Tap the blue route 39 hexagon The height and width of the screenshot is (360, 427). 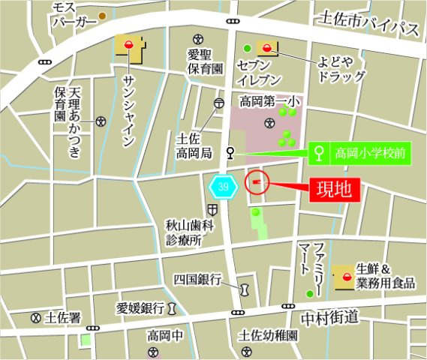coord(224,185)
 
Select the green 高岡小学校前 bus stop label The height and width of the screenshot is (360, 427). coord(361,154)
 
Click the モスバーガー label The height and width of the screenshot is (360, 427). coord(74,14)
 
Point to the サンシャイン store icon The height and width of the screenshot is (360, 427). coord(131,49)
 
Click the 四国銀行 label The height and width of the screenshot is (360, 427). coord(197,280)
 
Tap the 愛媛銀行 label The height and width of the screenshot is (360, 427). coord(141,307)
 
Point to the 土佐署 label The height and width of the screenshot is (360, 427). coord(62,318)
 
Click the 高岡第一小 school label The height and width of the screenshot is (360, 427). coord(268,100)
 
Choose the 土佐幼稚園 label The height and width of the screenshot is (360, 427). coord(268,335)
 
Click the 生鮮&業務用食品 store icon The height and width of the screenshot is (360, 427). coord(344,276)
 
